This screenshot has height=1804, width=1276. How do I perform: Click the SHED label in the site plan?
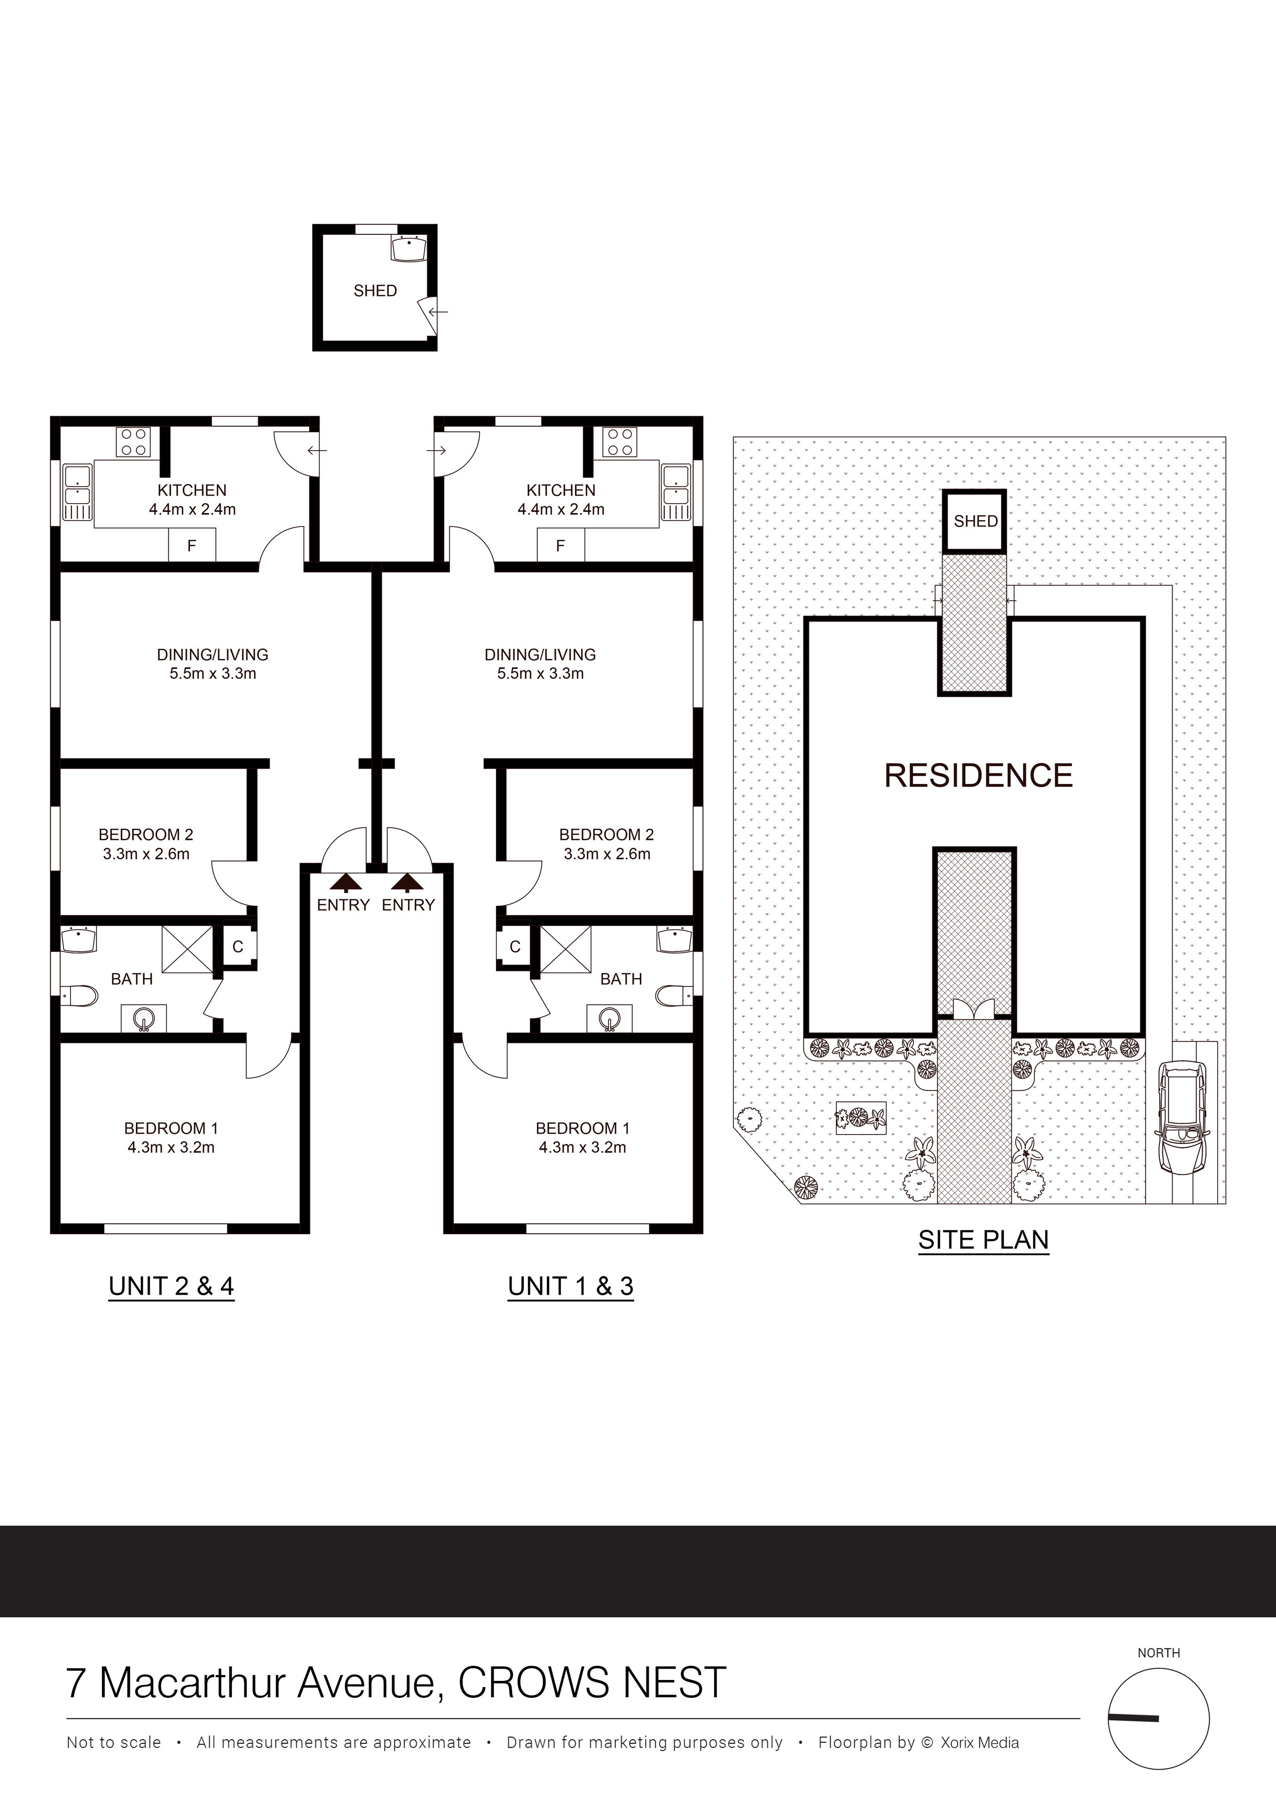(975, 521)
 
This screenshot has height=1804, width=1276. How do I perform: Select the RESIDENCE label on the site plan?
(978, 776)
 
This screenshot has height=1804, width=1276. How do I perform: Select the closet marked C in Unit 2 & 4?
(237, 947)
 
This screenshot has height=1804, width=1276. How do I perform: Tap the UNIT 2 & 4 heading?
(172, 1286)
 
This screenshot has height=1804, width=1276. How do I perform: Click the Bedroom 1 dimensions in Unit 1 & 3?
(583, 1147)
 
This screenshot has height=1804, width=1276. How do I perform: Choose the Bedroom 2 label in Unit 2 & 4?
(145, 834)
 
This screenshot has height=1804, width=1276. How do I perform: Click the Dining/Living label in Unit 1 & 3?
(540, 654)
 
